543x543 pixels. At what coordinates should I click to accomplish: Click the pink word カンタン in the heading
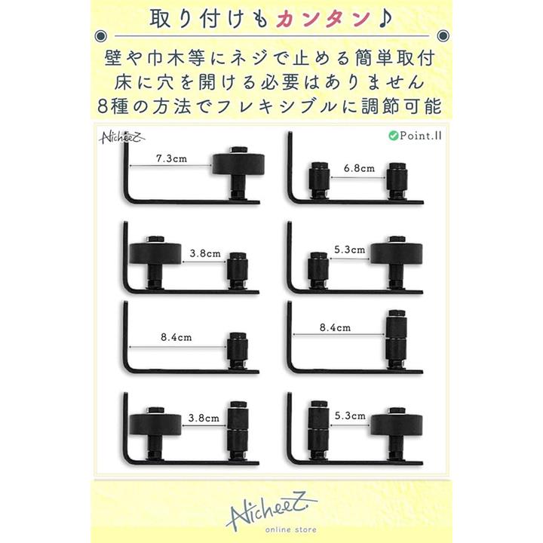click(x=323, y=19)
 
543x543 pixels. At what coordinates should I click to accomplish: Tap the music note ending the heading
click(x=384, y=18)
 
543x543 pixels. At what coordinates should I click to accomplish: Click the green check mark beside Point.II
click(x=393, y=136)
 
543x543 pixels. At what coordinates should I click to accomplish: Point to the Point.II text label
click(x=420, y=136)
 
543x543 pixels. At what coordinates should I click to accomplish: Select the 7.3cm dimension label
click(x=171, y=158)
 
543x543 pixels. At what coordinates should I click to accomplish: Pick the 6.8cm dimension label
click(x=359, y=168)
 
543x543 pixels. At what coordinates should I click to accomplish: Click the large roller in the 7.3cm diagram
click(x=238, y=165)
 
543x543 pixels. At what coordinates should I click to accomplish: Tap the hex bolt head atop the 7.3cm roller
click(x=238, y=150)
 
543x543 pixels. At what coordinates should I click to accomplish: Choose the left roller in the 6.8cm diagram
click(x=319, y=181)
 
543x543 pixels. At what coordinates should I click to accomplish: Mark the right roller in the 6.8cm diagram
click(x=397, y=181)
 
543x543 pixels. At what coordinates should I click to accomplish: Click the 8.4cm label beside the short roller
click(x=176, y=337)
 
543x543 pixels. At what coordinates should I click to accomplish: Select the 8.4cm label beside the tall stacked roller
click(x=335, y=327)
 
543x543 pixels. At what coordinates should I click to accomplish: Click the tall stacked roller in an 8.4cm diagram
click(x=396, y=339)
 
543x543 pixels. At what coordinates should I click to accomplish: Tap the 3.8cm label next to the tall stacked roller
click(x=204, y=418)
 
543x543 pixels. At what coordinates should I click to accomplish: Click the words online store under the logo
click(x=291, y=529)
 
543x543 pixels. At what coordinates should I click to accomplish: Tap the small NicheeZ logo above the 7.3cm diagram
click(x=122, y=137)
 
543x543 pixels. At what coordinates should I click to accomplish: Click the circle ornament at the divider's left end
click(x=100, y=35)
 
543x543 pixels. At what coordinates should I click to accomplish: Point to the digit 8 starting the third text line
click(x=103, y=106)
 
